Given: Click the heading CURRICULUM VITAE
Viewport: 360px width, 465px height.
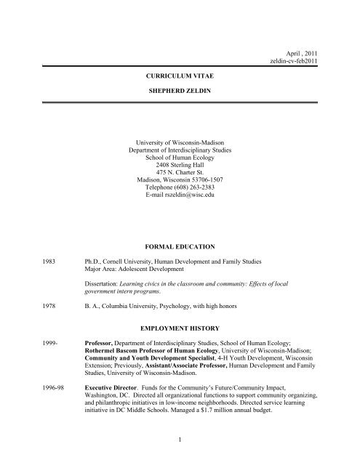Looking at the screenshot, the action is [x=180, y=75].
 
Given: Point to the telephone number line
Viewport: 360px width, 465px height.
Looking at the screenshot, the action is [x=179, y=186].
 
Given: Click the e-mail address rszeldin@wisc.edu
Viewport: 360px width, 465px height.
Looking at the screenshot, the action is [x=180, y=195].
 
